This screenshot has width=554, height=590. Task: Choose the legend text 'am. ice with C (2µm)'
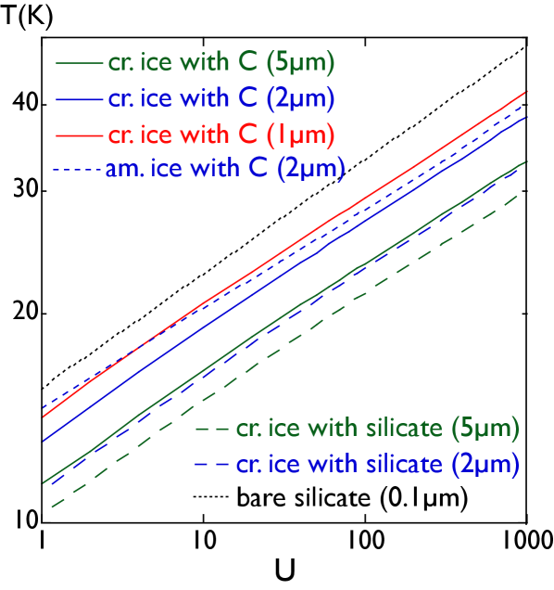225,169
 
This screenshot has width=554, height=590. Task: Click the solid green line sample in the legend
79,64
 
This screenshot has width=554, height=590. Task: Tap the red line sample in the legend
79,135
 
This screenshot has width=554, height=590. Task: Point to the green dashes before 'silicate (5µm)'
212,430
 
